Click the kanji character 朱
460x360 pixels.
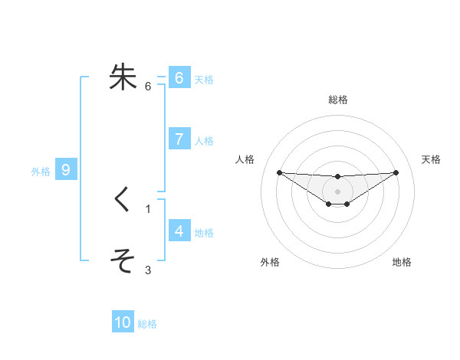pyautogui.click(x=123, y=77)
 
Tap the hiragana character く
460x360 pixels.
pyautogui.click(x=123, y=200)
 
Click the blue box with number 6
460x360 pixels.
pyautogui.click(x=179, y=77)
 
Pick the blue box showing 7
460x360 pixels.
pyautogui.click(x=179, y=139)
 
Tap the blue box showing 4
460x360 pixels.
pyautogui.click(x=179, y=231)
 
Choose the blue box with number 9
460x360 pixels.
pyautogui.click(x=66, y=170)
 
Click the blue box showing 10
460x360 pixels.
pyautogui.click(x=123, y=322)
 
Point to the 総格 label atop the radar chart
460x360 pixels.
pyautogui.click(x=337, y=100)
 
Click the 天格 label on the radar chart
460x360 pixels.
pyautogui.click(x=432, y=159)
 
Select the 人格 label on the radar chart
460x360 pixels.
pyautogui.click(x=245, y=159)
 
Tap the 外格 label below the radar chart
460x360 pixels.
pyautogui.click(x=269, y=262)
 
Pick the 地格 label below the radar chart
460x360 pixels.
pyautogui.click(x=402, y=262)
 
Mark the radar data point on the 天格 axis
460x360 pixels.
pyautogui.click(x=396, y=172)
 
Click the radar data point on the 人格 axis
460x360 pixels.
pyautogui.click(x=279, y=172)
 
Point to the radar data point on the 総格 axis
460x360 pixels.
pyautogui.click(x=337, y=177)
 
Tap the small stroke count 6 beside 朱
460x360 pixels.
pyautogui.click(x=148, y=86)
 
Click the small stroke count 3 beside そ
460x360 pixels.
pyautogui.click(x=148, y=270)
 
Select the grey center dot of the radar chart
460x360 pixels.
pyautogui.click(x=337, y=191)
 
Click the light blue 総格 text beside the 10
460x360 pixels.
pyautogui.click(x=147, y=324)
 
